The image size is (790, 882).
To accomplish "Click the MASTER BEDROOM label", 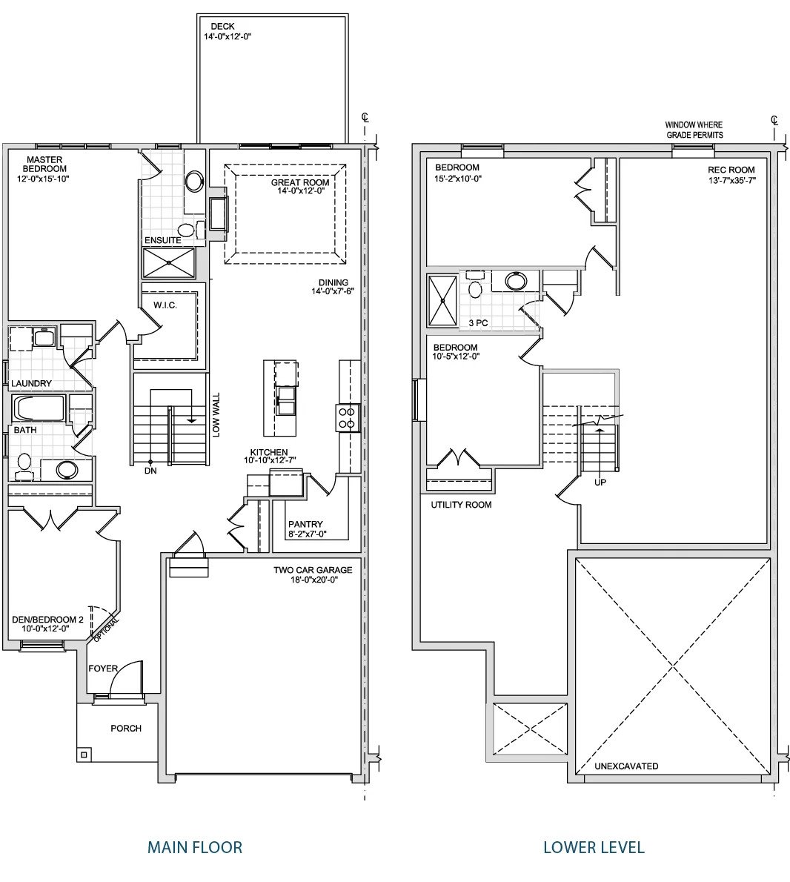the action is coord(44,165).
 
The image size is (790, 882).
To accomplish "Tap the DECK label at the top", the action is coord(222,27).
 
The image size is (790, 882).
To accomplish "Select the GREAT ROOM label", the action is coord(300,183).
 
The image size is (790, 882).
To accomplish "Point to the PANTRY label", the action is coord(305,524).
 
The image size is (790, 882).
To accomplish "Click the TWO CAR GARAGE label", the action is coord(313,570).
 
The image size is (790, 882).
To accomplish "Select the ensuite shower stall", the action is coord(169,262).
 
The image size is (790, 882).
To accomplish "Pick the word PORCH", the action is coord(126,729).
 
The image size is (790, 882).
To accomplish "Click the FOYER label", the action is coord(104,669).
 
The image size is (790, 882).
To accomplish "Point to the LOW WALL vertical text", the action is coord(216,414).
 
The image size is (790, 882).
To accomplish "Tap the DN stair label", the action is coord(150,471).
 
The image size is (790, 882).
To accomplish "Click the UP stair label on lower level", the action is coord(600,482).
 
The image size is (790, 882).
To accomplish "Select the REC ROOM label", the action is coord(731,170).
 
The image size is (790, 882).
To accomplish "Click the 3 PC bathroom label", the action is coord(478,323).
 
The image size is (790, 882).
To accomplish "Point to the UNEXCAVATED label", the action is coord(626,766).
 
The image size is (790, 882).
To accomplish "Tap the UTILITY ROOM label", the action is coord(461,505).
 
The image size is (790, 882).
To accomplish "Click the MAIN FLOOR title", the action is coord(195,847).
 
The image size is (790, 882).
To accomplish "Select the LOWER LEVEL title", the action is coord(594,847).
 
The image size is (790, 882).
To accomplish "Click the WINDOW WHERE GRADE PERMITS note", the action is coord(694,130).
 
